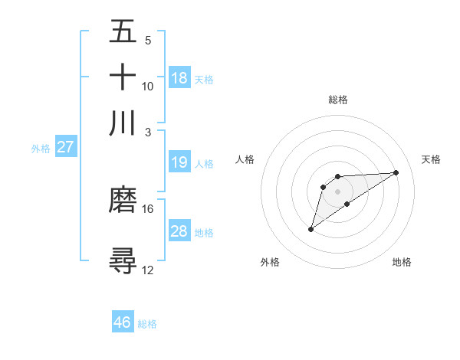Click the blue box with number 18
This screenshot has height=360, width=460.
(x=179, y=78)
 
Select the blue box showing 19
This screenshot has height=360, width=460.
(x=179, y=162)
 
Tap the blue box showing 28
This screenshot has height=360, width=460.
(x=179, y=231)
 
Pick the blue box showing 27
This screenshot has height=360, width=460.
(x=66, y=147)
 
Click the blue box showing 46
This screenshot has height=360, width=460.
(x=123, y=322)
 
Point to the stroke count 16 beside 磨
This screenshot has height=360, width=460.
(x=148, y=208)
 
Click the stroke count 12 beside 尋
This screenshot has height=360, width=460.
(x=148, y=270)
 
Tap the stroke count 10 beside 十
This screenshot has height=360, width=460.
(x=148, y=86)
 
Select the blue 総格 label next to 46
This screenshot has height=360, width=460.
(x=147, y=324)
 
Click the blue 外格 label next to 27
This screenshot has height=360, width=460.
(x=41, y=149)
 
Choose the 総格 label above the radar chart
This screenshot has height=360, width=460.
(x=338, y=100)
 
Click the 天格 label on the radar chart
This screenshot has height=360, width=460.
(x=431, y=159)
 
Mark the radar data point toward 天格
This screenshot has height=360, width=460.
(x=396, y=172)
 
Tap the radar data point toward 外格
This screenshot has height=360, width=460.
(x=310, y=229)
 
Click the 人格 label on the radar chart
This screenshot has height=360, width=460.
(x=245, y=159)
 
